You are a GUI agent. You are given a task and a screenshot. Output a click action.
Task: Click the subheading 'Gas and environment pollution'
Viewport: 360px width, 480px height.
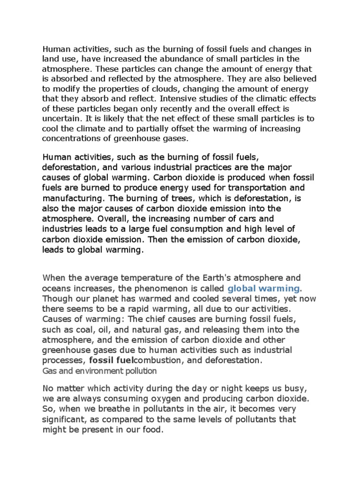[99, 371]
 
